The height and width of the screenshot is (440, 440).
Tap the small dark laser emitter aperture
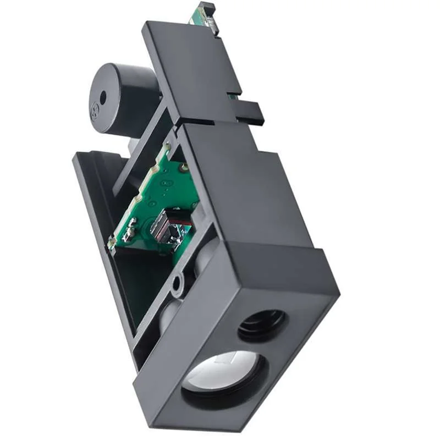(x=262, y=324)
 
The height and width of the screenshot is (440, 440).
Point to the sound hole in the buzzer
(x=103, y=97)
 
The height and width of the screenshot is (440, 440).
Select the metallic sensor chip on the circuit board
(x=166, y=226)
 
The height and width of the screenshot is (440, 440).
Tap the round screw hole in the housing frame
(x=177, y=283)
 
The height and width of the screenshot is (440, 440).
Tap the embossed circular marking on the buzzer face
(x=94, y=114)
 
